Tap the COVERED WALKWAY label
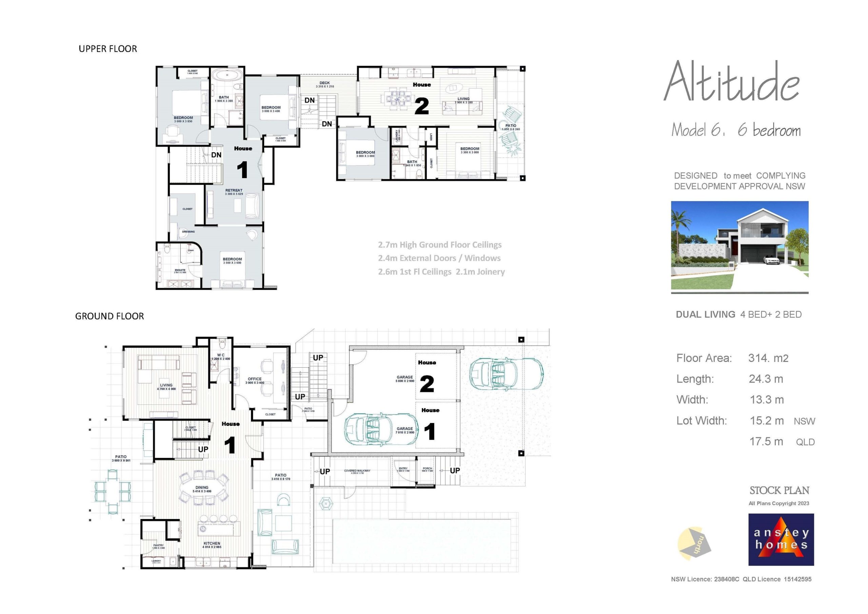[x=357, y=471]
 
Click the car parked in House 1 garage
[x=381, y=429]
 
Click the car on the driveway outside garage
[x=506, y=373]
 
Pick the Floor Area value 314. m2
[x=768, y=358]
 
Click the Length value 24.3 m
[x=766, y=379]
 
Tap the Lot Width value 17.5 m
[x=766, y=441]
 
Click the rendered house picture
[x=739, y=245]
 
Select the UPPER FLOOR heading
[x=108, y=49]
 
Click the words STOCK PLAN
[x=779, y=490]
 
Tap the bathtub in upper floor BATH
[x=227, y=75]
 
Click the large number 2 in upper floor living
[x=421, y=106]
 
